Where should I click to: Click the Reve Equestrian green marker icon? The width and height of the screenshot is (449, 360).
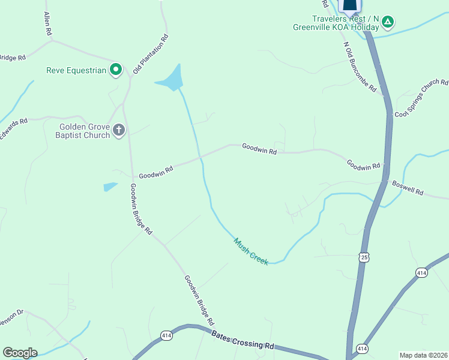pos(116,70)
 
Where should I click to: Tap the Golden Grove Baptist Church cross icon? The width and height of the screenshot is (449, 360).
pos(119,130)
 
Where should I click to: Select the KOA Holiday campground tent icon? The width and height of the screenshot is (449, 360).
pos(388,23)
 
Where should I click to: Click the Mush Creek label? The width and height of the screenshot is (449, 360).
pos(251,251)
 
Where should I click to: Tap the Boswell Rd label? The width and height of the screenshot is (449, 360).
pos(408,188)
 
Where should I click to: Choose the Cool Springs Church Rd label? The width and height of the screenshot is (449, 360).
pos(421,97)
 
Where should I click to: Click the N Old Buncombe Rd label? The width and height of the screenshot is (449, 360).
pos(360,67)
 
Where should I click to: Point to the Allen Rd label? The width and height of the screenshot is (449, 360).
pos(46,22)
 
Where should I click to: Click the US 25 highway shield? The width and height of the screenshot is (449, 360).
pos(364,257)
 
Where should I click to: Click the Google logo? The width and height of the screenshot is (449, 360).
pos(20,353)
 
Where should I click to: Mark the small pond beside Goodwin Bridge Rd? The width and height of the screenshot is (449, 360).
pos(110,187)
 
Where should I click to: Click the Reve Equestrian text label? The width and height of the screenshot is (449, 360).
pos(76,70)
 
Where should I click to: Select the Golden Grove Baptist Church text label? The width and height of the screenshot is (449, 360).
pos(85,131)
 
